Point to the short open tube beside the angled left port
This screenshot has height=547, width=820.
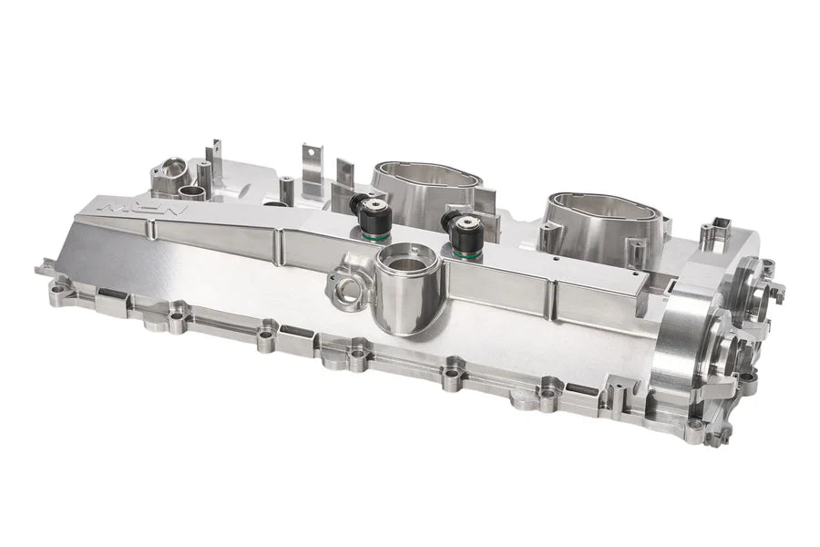pos(192,192)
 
